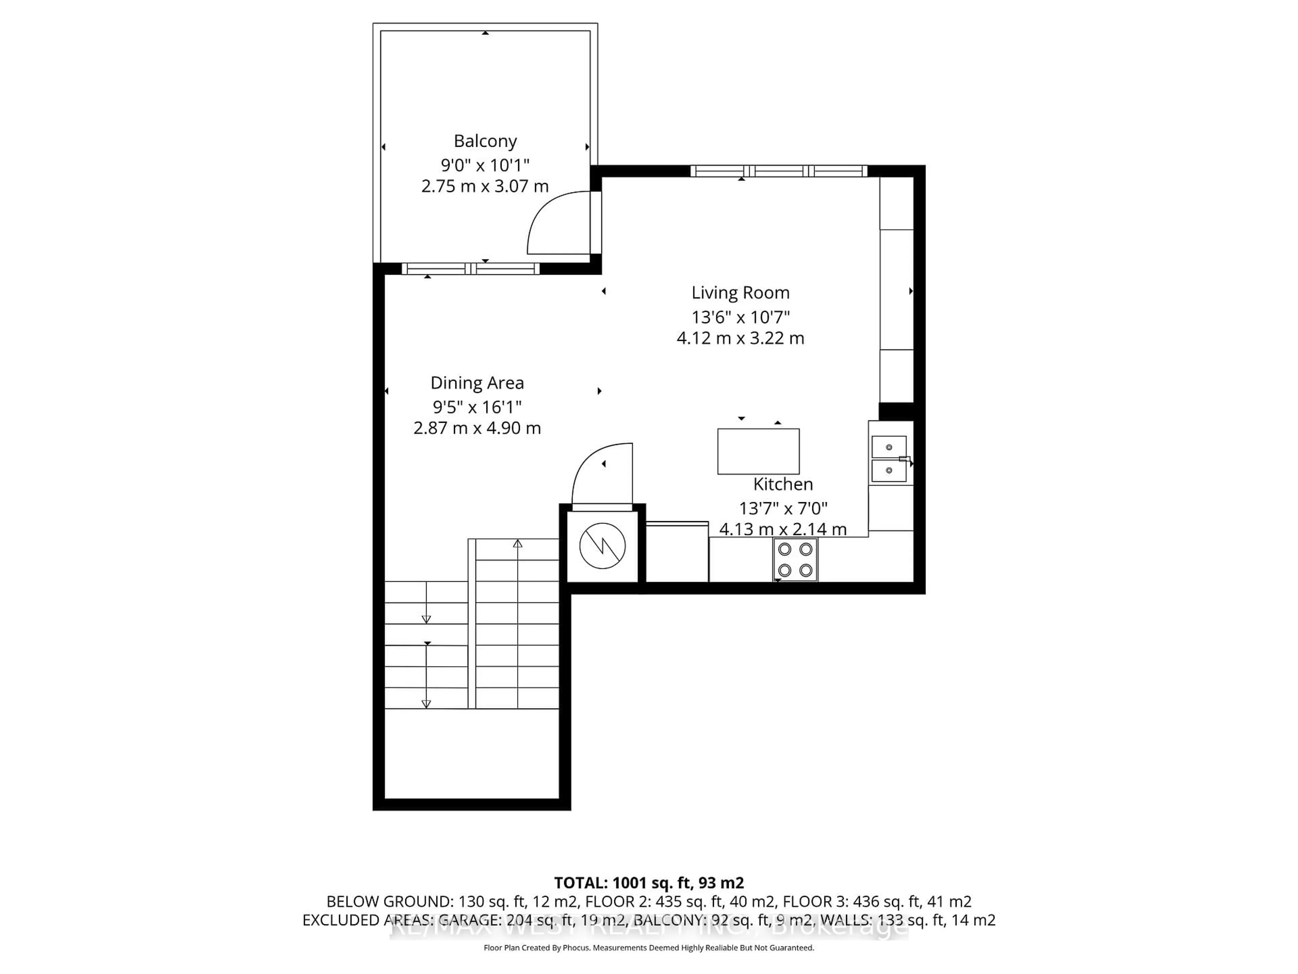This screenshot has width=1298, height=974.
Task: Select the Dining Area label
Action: (x=477, y=383)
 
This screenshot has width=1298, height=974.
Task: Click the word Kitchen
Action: (x=783, y=484)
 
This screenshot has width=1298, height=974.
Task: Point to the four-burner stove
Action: (x=795, y=559)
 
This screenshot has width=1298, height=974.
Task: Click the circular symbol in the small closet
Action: (x=602, y=546)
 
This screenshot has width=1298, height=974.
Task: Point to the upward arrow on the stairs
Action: (x=518, y=544)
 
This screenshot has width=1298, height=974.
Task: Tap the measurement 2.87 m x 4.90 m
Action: (x=477, y=428)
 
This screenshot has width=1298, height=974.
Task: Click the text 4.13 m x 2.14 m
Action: (x=783, y=529)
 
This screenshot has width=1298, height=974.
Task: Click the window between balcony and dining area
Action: (x=470, y=269)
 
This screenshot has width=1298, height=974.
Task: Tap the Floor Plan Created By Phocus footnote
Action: (x=648, y=948)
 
